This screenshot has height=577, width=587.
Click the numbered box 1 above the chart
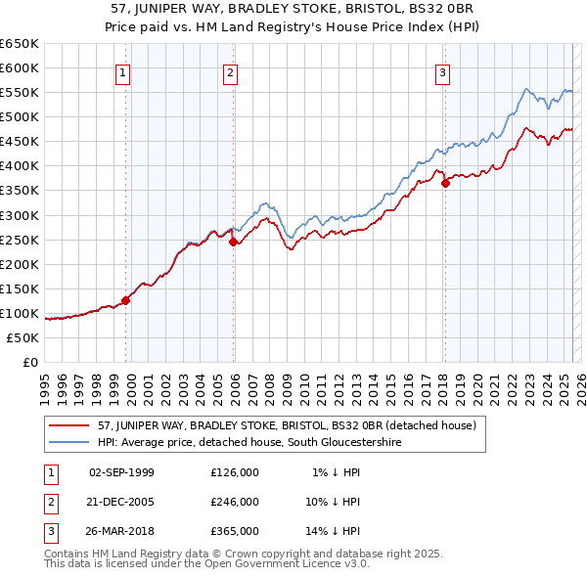123,71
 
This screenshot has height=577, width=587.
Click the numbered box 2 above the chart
230,71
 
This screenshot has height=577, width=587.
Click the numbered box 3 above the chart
442,71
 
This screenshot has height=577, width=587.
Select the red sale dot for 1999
126,300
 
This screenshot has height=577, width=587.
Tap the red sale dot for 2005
234,242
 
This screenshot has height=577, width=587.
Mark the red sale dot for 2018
445,183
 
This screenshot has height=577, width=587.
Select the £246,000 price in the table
235,502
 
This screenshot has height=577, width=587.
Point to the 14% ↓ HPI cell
334,531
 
